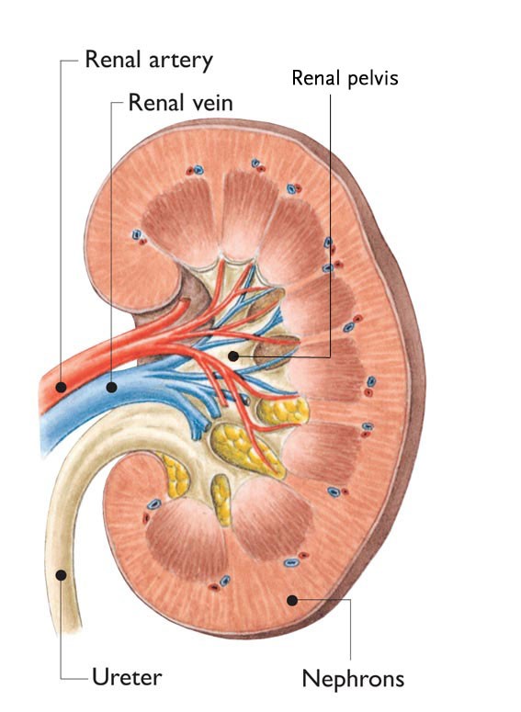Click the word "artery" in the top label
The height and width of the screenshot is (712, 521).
175,61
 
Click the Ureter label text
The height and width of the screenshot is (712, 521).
127,677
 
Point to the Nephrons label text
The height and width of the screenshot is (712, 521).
353,679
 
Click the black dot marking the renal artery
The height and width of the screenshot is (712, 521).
61,388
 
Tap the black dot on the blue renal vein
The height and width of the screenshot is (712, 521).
111,388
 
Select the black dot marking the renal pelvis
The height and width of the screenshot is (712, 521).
233,356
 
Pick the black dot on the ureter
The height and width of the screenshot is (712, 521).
61,575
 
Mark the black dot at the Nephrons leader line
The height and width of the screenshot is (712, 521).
292,600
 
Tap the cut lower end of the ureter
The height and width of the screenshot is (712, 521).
68,629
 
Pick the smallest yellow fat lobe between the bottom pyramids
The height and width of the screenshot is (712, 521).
221,500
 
